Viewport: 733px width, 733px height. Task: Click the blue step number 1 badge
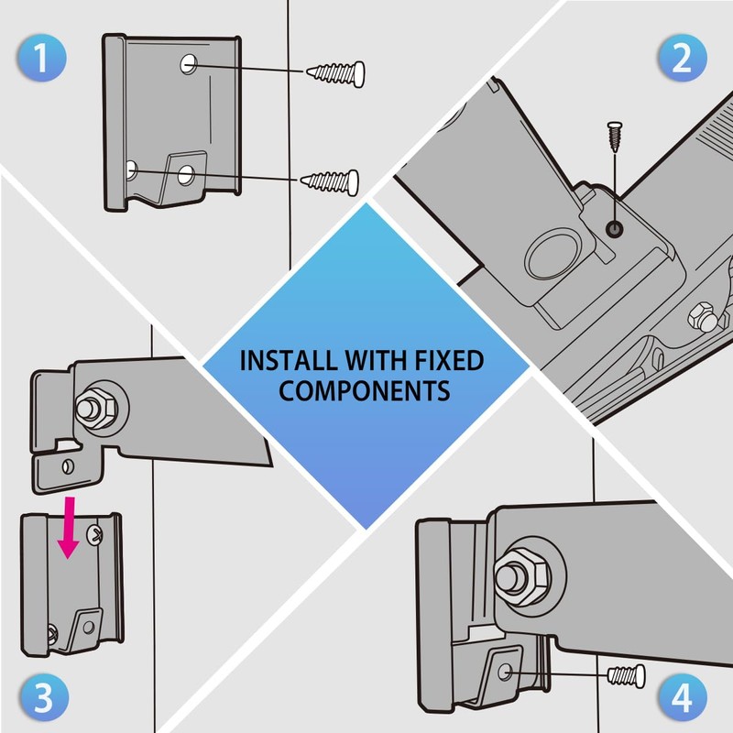click(42, 58)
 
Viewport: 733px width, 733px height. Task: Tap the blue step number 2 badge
click(682, 58)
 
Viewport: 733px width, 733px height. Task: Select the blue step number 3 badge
click(44, 697)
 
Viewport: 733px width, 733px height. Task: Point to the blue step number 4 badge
click(682, 697)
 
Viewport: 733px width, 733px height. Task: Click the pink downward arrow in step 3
click(69, 528)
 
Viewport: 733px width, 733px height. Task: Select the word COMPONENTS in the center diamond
click(364, 391)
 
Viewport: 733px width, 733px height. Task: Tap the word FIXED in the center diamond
click(449, 360)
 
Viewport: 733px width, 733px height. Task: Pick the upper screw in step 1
click(335, 73)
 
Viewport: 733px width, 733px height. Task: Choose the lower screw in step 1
click(330, 181)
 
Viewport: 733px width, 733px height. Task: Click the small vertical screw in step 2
click(615, 137)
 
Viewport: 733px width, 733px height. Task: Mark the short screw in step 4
click(627, 676)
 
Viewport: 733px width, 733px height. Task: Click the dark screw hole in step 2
click(614, 229)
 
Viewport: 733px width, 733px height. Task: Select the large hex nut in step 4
click(521, 578)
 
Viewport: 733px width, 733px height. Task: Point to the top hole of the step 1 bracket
click(189, 64)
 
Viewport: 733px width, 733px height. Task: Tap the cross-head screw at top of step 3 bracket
click(95, 534)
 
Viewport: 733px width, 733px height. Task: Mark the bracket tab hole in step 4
click(505, 673)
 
